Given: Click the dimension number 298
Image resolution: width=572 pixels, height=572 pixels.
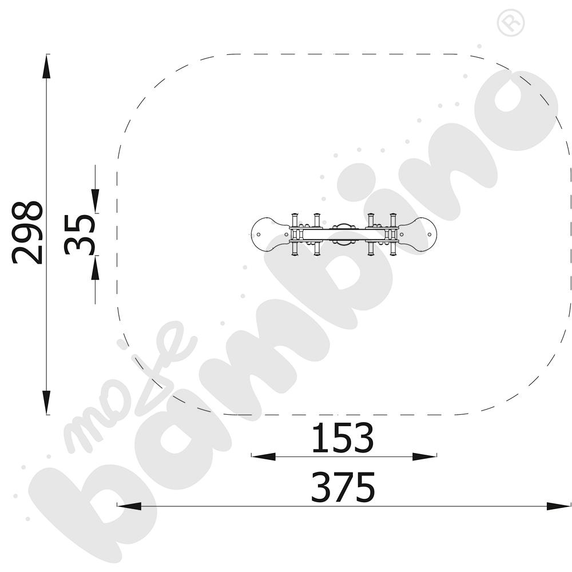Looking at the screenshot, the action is (x=27, y=232).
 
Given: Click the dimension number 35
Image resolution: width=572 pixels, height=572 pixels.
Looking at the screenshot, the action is (x=79, y=234).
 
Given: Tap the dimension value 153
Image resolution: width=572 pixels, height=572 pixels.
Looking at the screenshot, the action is (x=343, y=438).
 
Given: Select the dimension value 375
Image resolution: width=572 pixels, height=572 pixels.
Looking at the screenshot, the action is (x=343, y=487).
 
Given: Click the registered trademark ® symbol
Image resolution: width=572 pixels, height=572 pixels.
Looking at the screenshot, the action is (x=511, y=23).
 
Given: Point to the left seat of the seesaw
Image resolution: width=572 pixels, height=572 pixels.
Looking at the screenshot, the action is (x=271, y=234).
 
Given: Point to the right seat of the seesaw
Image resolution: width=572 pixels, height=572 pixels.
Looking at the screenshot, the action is (x=417, y=234).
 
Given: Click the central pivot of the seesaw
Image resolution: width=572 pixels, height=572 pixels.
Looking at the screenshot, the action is (x=344, y=234).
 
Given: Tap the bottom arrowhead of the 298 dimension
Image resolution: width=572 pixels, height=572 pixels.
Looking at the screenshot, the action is (x=46, y=402).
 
